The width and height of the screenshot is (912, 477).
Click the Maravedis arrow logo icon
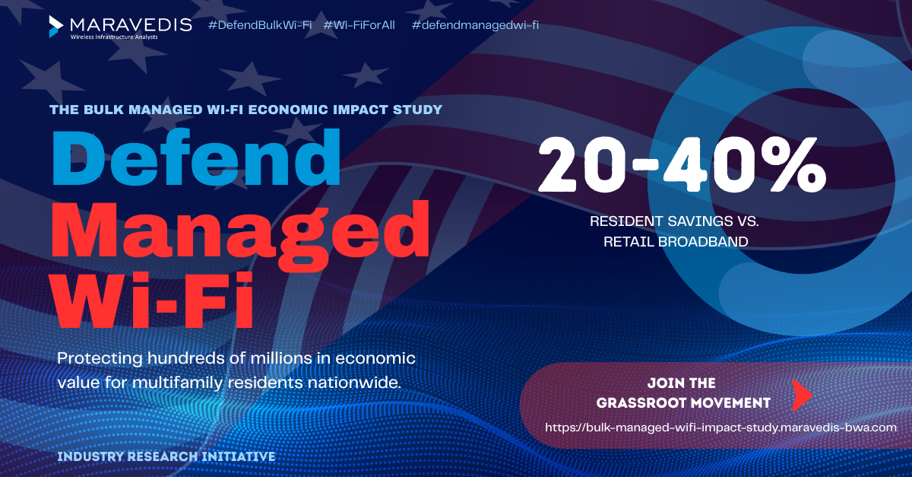(55, 27)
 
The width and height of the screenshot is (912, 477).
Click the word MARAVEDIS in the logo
(131, 25)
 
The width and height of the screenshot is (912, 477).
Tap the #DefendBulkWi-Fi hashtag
(260, 25)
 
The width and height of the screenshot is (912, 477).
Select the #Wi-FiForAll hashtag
(359, 25)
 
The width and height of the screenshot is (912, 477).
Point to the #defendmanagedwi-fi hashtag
(475, 25)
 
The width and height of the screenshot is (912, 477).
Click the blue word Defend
(196, 157)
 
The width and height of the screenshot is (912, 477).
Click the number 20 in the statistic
(582, 164)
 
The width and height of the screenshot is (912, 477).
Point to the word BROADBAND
(703, 242)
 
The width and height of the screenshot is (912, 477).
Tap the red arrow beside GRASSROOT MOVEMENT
(802, 395)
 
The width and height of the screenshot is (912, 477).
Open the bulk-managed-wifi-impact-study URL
(720, 428)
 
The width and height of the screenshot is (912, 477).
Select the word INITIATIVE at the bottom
(239, 456)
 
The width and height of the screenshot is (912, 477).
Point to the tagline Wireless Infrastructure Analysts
(114, 37)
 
